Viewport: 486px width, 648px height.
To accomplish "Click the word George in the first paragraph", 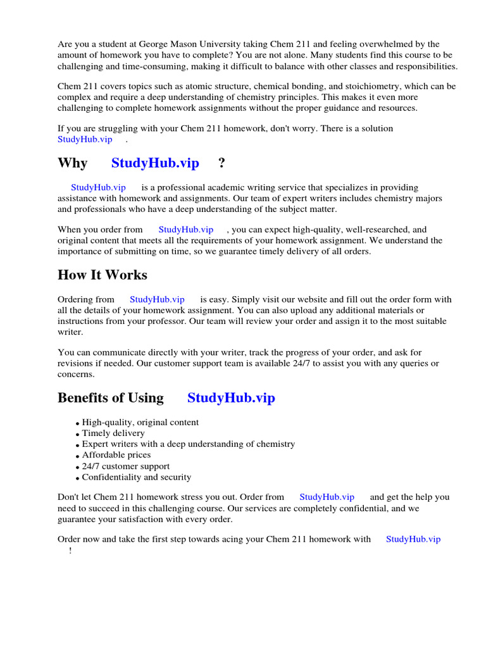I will click(171, 44).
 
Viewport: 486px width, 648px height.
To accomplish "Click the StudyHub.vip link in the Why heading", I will click(155, 163).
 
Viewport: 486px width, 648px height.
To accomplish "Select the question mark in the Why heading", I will click(221, 163).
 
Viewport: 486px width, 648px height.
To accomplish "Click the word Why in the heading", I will click(73, 163).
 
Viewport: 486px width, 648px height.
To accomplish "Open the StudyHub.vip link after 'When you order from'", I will click(185, 230).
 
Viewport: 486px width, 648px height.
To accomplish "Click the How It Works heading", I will click(103, 275).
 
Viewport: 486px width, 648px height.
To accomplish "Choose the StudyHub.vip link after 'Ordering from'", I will click(157, 299).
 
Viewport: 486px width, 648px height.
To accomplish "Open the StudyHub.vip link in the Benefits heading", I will click(232, 398).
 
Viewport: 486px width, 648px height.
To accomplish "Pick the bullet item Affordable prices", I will click(116, 455).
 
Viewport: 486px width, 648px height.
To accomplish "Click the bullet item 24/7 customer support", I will click(125, 466).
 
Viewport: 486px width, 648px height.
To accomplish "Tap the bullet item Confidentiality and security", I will click(136, 477).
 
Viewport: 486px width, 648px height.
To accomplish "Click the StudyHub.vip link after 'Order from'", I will click(327, 497).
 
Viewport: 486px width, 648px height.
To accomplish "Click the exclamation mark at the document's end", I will click(70, 551).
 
